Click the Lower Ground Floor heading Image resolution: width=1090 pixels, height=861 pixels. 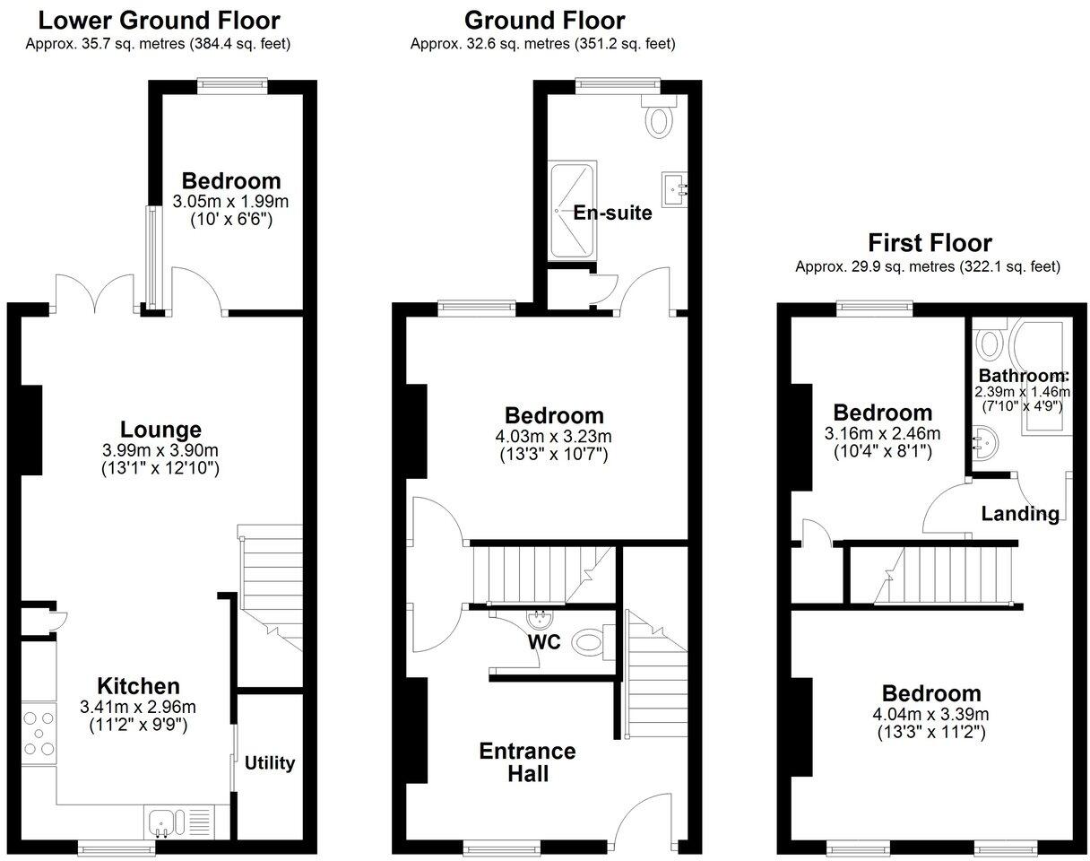(159, 20)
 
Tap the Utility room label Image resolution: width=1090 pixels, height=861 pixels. (270, 763)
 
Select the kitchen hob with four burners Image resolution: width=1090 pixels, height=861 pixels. (38, 735)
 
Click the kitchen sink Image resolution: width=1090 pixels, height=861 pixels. (165, 821)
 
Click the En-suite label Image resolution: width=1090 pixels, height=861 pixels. (612, 213)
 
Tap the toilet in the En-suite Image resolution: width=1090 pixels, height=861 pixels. (659, 119)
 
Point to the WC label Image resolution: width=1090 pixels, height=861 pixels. (543, 642)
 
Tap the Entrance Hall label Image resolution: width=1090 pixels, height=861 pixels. (527, 761)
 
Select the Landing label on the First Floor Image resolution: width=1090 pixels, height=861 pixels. (1020, 514)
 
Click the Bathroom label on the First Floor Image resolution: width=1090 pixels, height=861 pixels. (1023, 376)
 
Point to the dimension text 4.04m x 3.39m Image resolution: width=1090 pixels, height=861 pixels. (931, 715)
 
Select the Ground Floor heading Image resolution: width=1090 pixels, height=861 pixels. (544, 20)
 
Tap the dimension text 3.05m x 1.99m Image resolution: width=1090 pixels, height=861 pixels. (230, 201)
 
